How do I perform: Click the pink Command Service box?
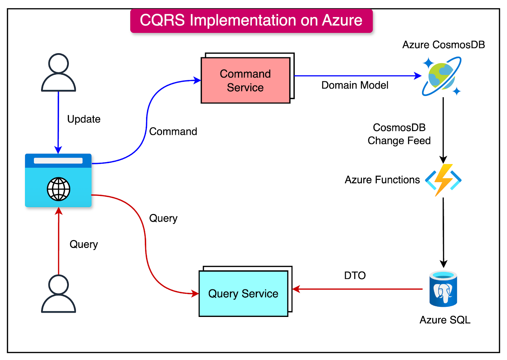(x=245, y=80)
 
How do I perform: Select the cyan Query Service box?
(x=243, y=294)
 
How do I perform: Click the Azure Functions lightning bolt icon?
(x=443, y=180)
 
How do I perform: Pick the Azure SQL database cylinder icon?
(x=443, y=289)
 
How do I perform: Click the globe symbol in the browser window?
(x=59, y=189)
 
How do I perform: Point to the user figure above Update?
(x=59, y=73)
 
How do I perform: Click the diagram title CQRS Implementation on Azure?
(x=251, y=21)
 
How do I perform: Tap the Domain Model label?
(x=355, y=85)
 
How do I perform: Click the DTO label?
(x=355, y=275)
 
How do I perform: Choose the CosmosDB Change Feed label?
(x=399, y=134)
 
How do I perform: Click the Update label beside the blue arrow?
(x=84, y=119)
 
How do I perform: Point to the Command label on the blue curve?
(x=173, y=131)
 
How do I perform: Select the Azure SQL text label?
(x=445, y=320)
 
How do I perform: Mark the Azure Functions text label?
(x=382, y=180)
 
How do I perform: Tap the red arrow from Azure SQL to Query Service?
(x=358, y=289)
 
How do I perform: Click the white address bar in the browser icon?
(x=58, y=161)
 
